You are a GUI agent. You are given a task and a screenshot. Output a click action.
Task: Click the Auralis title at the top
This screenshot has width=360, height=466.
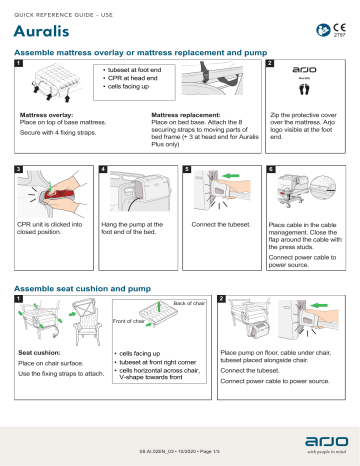click(x=40, y=31)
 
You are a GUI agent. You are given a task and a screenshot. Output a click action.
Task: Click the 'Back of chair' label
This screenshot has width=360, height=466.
click(x=190, y=303)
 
